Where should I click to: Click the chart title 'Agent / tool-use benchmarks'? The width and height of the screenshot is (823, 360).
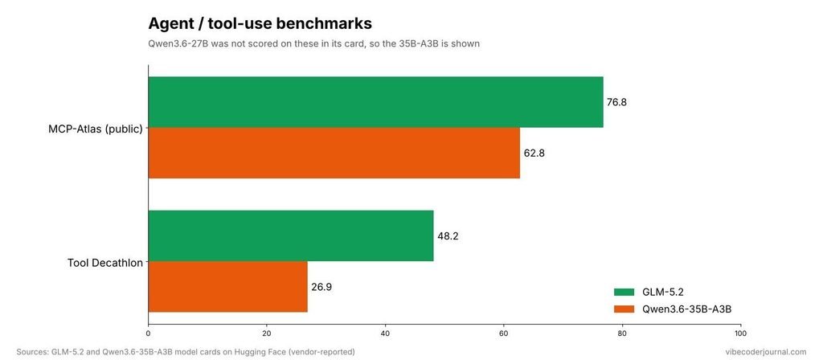pyautogui.click(x=260, y=23)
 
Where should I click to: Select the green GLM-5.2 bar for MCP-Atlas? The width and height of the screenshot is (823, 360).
pyautogui.click(x=376, y=102)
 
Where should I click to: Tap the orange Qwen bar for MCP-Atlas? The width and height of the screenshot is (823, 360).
pyautogui.click(x=334, y=153)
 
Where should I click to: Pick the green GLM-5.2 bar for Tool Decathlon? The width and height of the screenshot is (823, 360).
pyautogui.click(x=291, y=235)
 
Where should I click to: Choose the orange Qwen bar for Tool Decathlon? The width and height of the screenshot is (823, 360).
pyautogui.click(x=227, y=287)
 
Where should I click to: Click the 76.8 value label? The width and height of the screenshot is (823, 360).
pyautogui.click(x=616, y=102)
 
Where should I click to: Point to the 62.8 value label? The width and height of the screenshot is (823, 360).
pyautogui.click(x=534, y=153)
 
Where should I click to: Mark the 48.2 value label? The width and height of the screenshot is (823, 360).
pyautogui.click(x=448, y=236)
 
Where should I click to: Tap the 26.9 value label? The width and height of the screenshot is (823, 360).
pyautogui.click(x=321, y=287)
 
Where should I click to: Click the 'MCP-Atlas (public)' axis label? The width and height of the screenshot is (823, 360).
pyautogui.click(x=96, y=129)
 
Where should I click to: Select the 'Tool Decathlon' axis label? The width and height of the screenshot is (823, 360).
pyautogui.click(x=105, y=263)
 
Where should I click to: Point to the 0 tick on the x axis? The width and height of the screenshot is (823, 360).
pyautogui.click(x=149, y=333)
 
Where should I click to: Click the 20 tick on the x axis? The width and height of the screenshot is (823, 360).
pyautogui.click(x=267, y=333)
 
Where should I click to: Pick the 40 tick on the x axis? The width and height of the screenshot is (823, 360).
pyautogui.click(x=385, y=333)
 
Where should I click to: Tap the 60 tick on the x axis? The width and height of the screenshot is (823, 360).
pyautogui.click(x=504, y=333)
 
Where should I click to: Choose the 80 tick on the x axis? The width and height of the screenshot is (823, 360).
pyautogui.click(x=623, y=333)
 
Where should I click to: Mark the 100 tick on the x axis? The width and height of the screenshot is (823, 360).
pyautogui.click(x=740, y=333)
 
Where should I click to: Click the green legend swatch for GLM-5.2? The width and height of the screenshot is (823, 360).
pyautogui.click(x=624, y=292)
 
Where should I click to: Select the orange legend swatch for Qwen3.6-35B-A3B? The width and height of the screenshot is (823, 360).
pyautogui.click(x=624, y=309)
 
